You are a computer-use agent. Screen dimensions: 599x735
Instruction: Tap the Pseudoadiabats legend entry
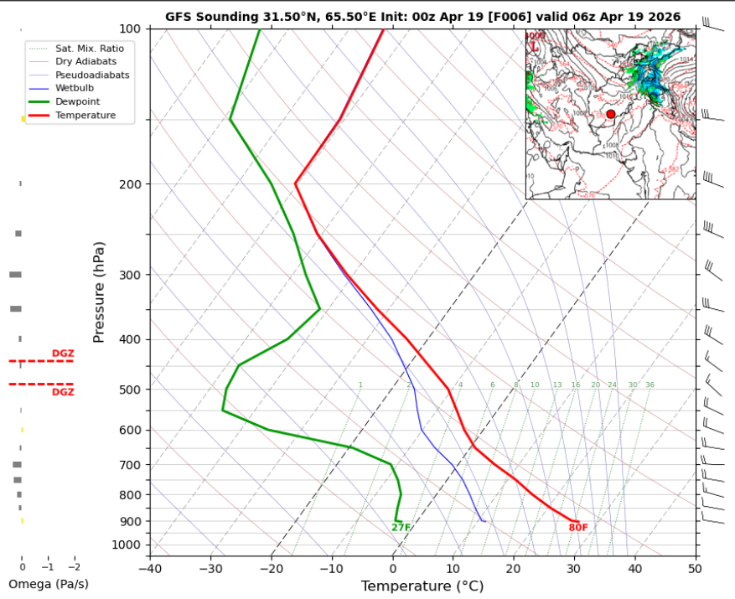coord(85,75)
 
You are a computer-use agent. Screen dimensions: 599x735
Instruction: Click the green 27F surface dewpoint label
coord(401,528)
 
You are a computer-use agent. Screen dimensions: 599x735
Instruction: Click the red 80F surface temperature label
coord(578,528)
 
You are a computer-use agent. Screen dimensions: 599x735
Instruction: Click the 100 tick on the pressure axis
coord(134,29)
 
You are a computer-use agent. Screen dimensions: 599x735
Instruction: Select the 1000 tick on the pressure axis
coord(132,545)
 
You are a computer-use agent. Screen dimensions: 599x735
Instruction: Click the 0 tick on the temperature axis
coord(393,570)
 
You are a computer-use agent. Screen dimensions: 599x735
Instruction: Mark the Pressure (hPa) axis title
coord(99,292)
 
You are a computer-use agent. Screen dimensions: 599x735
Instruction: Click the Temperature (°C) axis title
coord(422,587)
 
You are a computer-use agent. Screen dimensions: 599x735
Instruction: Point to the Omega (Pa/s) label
coord(48,584)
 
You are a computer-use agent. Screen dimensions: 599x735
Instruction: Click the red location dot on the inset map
coord(610,114)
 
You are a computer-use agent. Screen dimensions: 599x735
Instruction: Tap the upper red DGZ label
coord(63,354)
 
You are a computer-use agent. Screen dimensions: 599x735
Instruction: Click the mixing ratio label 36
coord(650,385)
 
